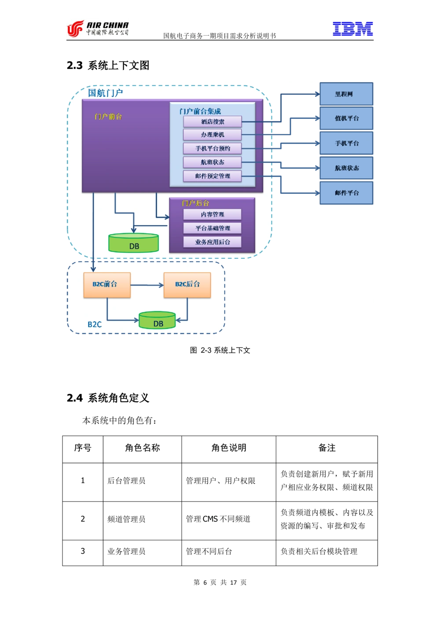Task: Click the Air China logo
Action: coord(97,28)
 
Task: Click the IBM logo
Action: coord(352,29)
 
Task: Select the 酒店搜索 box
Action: coord(213,122)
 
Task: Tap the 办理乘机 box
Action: coord(213,135)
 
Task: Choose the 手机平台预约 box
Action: coord(213,148)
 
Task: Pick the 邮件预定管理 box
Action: coord(213,176)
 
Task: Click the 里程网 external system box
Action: coord(346,94)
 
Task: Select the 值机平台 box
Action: coord(346,118)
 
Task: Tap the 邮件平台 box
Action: coord(346,193)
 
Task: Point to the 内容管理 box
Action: coord(213,214)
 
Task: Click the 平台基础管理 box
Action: coord(213,228)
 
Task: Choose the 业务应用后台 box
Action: coord(213,242)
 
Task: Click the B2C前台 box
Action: coord(107,285)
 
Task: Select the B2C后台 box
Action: coord(187,285)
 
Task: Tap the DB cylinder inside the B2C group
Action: coord(157,321)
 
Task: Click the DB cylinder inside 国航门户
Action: coord(133,243)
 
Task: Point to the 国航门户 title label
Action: coord(105,93)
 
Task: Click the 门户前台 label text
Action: coord(108,117)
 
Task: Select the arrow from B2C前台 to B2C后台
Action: coord(147,285)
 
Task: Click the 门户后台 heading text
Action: coord(195,203)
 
